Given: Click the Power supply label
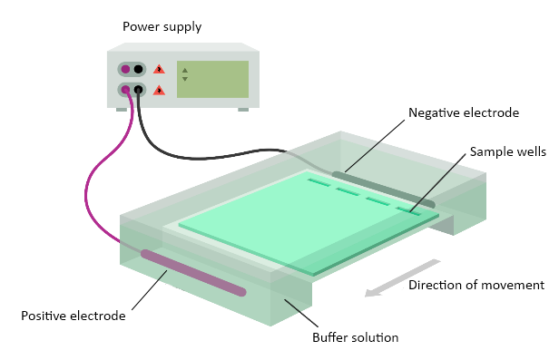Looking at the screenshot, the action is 162,27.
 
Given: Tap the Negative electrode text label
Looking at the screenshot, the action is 464,112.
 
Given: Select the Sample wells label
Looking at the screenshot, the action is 507,151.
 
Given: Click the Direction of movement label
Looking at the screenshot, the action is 476,285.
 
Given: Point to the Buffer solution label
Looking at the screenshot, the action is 355,337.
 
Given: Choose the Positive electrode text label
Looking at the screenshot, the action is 74,316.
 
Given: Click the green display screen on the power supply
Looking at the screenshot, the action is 213,79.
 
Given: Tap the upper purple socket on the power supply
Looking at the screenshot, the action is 125,69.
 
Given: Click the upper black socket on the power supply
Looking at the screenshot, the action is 138,69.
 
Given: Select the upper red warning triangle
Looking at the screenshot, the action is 159,69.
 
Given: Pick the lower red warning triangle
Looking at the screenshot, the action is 159,90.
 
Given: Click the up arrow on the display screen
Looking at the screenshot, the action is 185,71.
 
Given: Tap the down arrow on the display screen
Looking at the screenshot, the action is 185,79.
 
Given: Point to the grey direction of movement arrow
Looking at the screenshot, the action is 402,278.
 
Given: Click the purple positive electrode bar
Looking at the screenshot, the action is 193,273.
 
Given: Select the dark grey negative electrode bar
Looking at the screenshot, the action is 384,190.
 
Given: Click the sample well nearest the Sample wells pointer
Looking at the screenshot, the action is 408,211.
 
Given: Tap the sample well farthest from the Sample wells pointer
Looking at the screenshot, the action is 319,183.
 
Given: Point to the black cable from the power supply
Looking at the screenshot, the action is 200,157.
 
